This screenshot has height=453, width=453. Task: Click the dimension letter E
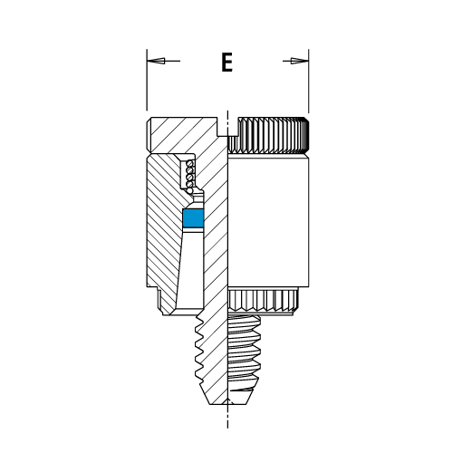[x=226, y=63]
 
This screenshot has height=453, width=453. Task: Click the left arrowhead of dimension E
[x=156, y=61]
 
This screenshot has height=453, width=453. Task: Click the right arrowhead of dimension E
[x=300, y=61]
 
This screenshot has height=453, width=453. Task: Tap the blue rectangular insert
[x=194, y=218]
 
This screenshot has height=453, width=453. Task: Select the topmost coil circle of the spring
[x=190, y=163]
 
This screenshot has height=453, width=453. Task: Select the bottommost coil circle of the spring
[x=190, y=191]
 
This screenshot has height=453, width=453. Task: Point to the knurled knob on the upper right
[x=268, y=135]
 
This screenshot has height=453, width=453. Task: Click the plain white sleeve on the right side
[x=268, y=221]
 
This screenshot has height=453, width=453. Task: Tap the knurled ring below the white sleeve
[x=263, y=300]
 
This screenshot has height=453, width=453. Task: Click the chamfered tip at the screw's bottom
[x=226, y=398]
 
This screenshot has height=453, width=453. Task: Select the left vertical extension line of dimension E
[x=147, y=80]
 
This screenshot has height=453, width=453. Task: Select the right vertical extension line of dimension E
[x=309, y=81]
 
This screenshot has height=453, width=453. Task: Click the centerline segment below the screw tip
[x=227, y=417]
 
